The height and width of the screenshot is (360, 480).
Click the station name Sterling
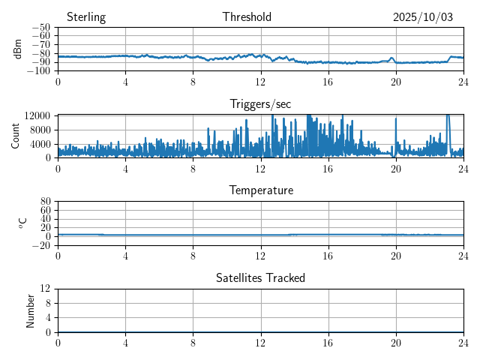[x=86, y=17]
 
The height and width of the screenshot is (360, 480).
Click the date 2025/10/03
[x=423, y=17]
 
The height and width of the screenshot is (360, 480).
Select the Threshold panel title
[x=247, y=17]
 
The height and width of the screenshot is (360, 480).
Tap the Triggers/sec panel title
[x=260, y=104]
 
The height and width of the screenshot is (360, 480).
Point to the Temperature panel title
[x=261, y=190]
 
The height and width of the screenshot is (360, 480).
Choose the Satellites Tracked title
[x=260, y=278]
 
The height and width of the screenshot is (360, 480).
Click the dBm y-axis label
[x=19, y=49]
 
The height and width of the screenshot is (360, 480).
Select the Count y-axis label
[x=16, y=136]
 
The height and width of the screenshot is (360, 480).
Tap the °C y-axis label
[x=22, y=223]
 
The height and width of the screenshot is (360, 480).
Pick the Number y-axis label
[x=31, y=310]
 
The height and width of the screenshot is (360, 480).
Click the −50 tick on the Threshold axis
[x=40, y=28]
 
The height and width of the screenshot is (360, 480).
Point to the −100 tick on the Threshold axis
[x=37, y=71]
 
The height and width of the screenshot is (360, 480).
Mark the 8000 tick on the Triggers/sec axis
[x=40, y=130]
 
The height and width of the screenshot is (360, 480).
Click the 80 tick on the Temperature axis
[x=45, y=202]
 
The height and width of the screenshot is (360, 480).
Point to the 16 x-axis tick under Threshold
[x=328, y=81]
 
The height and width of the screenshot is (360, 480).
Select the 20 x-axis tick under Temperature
[x=396, y=255]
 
